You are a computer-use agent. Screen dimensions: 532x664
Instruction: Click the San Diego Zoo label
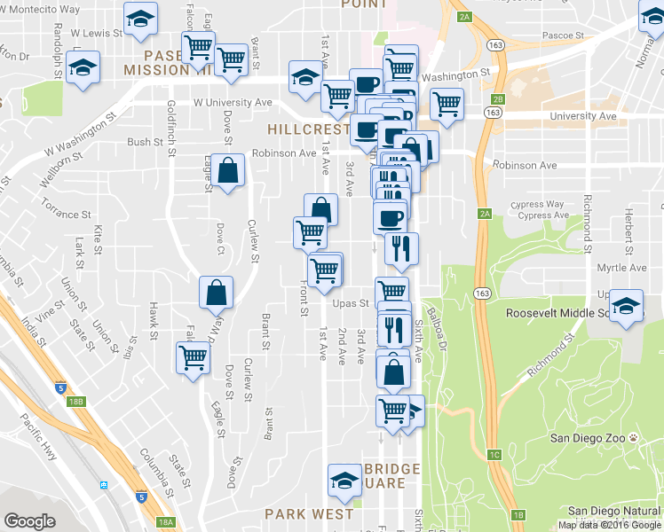pyautogui.click(x=589, y=438)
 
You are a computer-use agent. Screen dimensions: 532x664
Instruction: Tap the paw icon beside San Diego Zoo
pyautogui.click(x=635, y=438)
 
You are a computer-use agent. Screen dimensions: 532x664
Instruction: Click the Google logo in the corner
pyautogui.click(x=30, y=521)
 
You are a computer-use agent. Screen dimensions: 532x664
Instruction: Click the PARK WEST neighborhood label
pyautogui.click(x=309, y=514)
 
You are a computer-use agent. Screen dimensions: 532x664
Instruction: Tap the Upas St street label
pyautogui.click(x=351, y=303)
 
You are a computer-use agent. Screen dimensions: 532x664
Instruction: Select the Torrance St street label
pyautogui.click(x=67, y=214)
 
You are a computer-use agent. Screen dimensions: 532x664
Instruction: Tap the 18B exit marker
pyautogui.click(x=78, y=402)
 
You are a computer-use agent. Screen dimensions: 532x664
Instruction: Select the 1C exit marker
pyautogui.click(x=494, y=455)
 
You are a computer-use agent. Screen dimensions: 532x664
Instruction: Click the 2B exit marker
pyautogui.click(x=498, y=98)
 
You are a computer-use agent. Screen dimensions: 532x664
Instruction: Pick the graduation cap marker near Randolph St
pyautogui.click(x=83, y=66)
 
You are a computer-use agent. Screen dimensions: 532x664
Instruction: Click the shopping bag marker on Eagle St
pyautogui.click(x=228, y=169)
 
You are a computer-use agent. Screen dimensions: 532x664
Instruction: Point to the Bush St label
pyautogui.click(x=145, y=142)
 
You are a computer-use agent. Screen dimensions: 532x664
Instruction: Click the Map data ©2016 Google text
pyautogui.click(x=609, y=525)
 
